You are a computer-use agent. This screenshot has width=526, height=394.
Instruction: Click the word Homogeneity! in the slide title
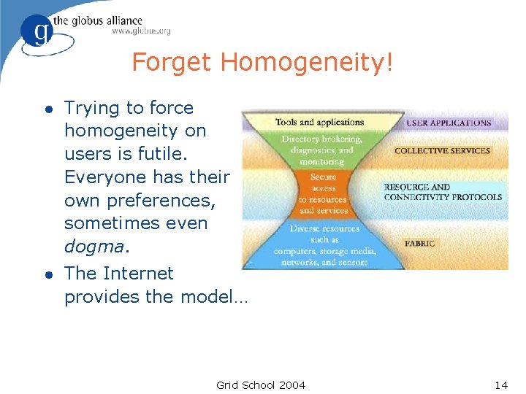[x=307, y=63]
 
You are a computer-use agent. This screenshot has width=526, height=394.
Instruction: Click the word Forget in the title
[x=172, y=63]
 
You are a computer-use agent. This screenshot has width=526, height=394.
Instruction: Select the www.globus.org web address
[x=141, y=31]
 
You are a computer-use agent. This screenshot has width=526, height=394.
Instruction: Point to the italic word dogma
[x=94, y=247]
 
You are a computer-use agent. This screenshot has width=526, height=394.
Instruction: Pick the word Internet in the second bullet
[x=139, y=274]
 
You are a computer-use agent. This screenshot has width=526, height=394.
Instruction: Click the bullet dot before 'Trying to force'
[x=48, y=109]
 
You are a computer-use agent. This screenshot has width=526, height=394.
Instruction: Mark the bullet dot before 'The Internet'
[x=48, y=274]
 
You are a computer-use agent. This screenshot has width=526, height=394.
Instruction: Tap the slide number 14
[x=500, y=385]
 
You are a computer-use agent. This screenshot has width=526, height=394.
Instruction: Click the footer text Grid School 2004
[x=261, y=385]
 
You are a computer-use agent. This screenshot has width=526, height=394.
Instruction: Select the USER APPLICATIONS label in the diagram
[x=449, y=123]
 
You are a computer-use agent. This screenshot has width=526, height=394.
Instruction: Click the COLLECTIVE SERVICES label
[x=442, y=151]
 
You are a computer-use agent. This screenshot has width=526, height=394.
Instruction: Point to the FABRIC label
[x=420, y=244]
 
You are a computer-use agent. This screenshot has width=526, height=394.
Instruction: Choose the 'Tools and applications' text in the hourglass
[x=319, y=122]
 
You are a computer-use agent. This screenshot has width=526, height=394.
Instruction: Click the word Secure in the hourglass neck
[x=323, y=177]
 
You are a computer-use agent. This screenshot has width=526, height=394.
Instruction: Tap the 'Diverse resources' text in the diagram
[x=324, y=228]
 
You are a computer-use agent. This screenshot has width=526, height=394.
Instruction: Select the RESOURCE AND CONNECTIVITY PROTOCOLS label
[x=443, y=192]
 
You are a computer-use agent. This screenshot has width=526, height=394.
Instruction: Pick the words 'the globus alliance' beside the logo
[x=107, y=20]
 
